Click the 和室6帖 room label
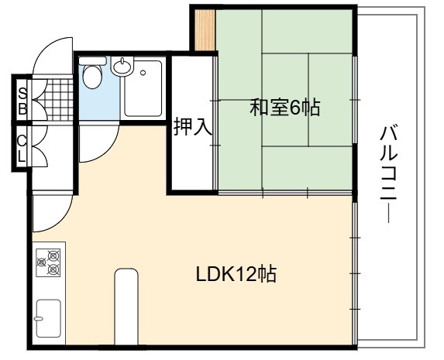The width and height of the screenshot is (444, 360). coord(284,108)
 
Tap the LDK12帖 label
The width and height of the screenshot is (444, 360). coord(236,274)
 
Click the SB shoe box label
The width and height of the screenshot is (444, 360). coord(22,101)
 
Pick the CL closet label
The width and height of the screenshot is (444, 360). coord(22,149)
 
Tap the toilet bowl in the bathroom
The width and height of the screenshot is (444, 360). coord(92,77)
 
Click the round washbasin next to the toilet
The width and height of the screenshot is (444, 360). coord(122,67)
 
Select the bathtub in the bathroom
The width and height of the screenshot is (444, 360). coord(143,88)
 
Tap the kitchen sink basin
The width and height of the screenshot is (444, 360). coord(48,319)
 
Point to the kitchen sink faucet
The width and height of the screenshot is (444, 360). coord(39,319)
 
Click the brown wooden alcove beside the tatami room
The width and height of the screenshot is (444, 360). coord(205,30)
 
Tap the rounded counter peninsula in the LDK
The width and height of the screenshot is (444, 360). coord(126,307)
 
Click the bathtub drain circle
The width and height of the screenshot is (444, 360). coord(143,73)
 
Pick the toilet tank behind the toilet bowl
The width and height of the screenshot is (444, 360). coord(92,60)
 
